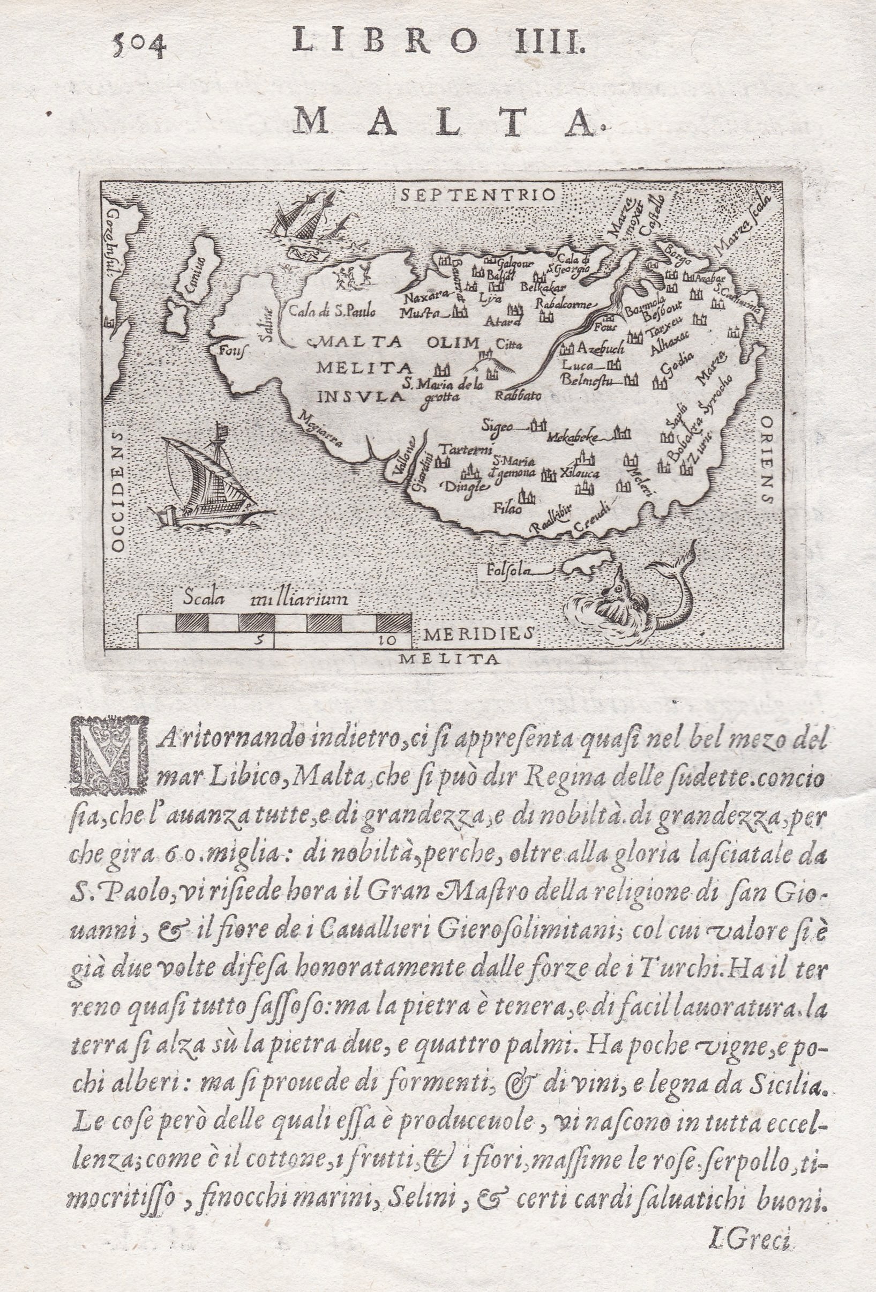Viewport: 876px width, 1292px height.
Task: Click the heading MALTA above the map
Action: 445,120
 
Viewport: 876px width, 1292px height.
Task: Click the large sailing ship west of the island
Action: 208,478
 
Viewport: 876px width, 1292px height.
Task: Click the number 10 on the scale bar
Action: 386,640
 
